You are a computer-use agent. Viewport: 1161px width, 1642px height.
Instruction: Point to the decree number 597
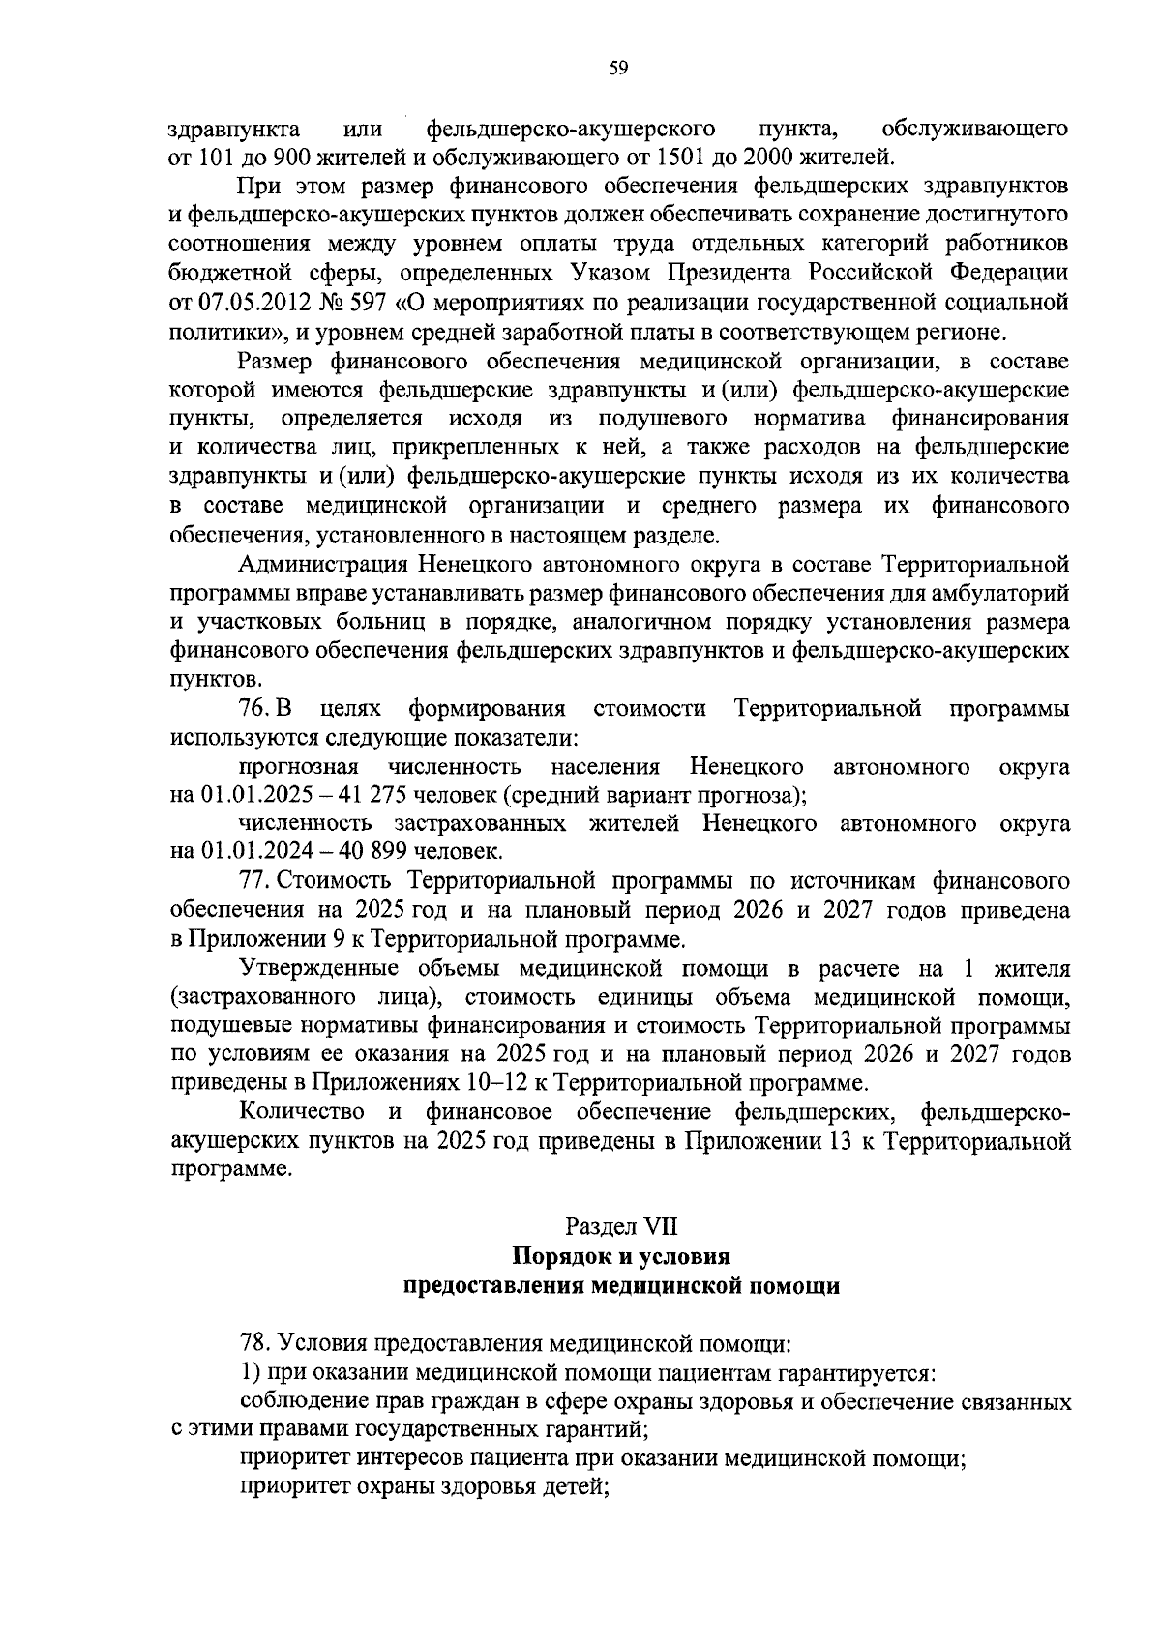tap(369, 303)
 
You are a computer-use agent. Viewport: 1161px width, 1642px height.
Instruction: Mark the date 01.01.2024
tap(247, 852)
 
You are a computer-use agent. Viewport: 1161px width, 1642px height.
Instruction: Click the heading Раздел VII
tap(621, 1226)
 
